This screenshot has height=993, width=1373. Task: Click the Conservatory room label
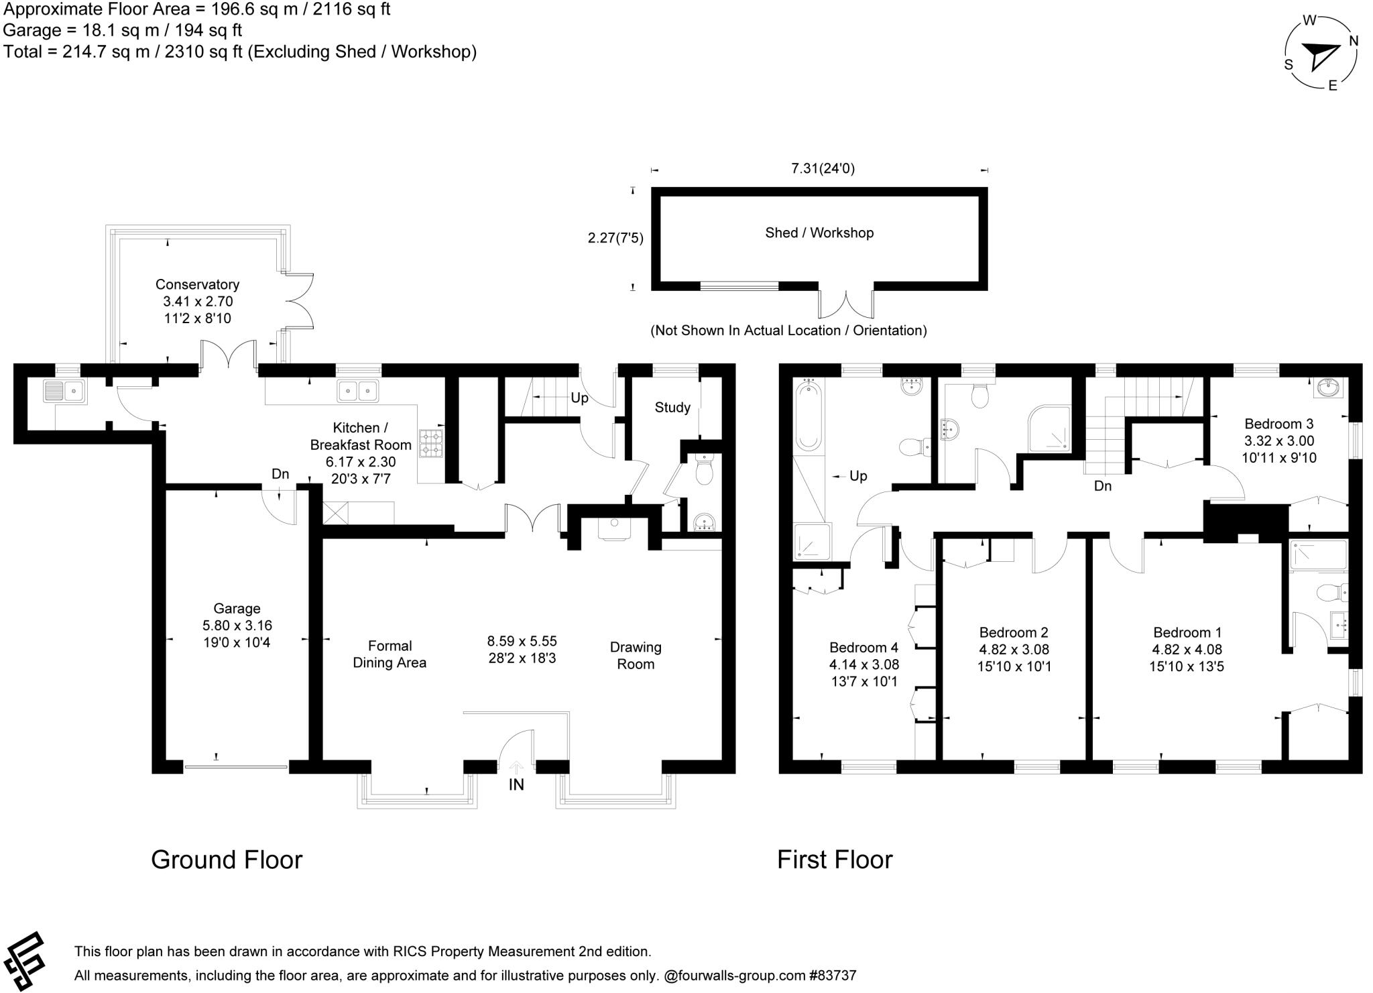pyautogui.click(x=197, y=284)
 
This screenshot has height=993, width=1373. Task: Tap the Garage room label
pyautogui.click(x=237, y=609)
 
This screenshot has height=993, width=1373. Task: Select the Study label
pyautogui.click(x=672, y=408)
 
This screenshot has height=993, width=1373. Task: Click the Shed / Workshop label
pyautogui.click(x=819, y=233)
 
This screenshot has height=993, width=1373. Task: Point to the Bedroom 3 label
pyautogui.click(x=1278, y=424)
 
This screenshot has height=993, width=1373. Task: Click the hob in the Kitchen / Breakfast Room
pyautogui.click(x=431, y=443)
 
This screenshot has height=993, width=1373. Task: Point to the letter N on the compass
pyautogui.click(x=1353, y=41)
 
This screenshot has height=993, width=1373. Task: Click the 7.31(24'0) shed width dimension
pyautogui.click(x=823, y=169)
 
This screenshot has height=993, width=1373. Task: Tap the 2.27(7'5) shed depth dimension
pyautogui.click(x=615, y=238)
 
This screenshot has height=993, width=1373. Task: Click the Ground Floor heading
pyautogui.click(x=227, y=860)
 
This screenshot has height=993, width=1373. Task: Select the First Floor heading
pyautogui.click(x=835, y=860)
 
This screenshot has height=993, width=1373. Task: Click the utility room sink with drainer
pyautogui.click(x=64, y=391)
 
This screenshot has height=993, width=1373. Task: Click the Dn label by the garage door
pyautogui.click(x=280, y=474)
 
